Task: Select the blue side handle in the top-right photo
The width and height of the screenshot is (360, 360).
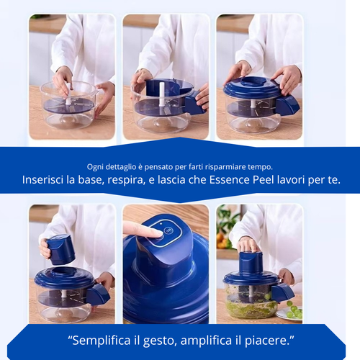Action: pos(288,106)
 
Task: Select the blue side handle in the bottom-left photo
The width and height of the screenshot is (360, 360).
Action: pos(99,292)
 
